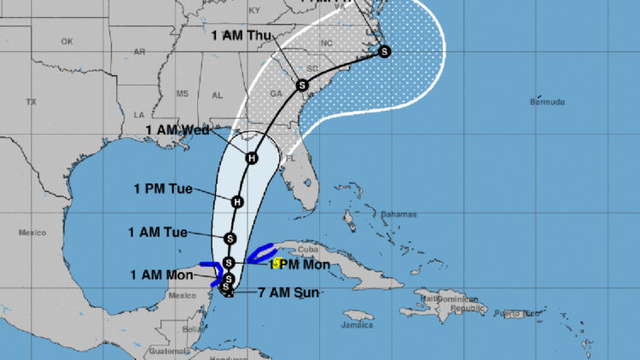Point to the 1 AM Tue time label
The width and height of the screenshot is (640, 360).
coord(157,231)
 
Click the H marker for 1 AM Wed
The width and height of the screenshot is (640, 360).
coord(252,158)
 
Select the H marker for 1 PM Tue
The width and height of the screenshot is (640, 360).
coord(237,201)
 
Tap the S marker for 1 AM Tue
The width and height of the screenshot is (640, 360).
coord(230,238)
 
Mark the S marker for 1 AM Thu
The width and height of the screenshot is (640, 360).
coord(301,84)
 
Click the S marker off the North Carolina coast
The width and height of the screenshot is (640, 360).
coord(385,51)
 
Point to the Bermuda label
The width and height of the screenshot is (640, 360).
coord(547,102)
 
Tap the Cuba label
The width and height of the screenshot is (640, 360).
coord(306,250)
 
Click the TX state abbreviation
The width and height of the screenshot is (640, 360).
coord(32,102)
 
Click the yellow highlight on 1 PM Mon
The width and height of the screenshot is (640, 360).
coord(277,264)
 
